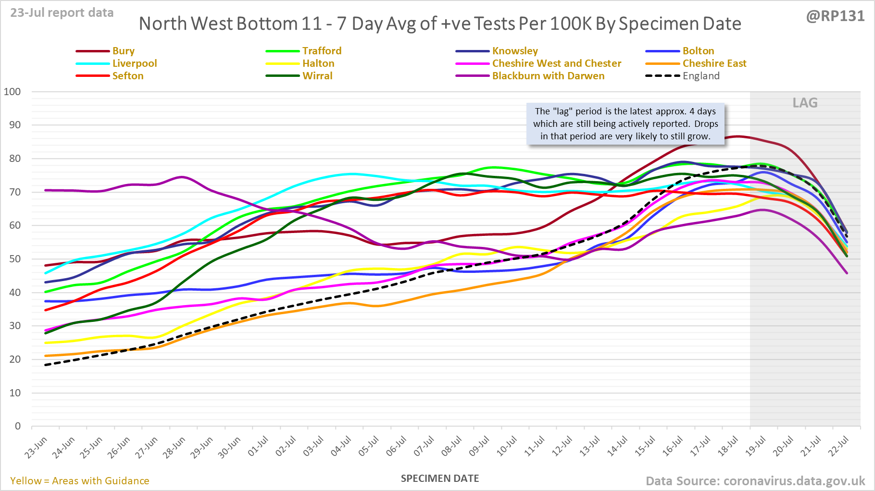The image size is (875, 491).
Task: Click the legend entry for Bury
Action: coord(123,51)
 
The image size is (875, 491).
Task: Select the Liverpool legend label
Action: coord(135,63)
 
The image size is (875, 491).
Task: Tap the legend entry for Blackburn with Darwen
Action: coord(548,76)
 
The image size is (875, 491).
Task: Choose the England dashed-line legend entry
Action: coord(701,76)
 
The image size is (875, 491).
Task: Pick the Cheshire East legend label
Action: coord(714,63)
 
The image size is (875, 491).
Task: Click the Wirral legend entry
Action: coord(317,76)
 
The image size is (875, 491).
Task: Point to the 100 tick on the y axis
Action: coord(12,92)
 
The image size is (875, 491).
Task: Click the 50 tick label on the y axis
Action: coord(15,259)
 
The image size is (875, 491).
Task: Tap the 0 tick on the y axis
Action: coord(18,426)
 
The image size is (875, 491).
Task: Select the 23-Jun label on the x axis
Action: coord(37,447)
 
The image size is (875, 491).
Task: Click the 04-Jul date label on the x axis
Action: coord(341,447)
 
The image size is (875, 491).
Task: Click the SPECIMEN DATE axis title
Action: coord(440,479)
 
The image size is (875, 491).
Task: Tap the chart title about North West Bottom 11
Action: coord(440,24)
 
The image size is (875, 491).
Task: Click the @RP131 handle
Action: coord(835,16)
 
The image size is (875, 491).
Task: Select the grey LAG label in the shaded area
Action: coord(805,103)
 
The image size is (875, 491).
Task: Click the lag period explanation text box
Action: coord(625,124)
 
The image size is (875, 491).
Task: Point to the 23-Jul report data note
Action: coord(62,12)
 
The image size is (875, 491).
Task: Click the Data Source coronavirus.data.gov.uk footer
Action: coord(755,481)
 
